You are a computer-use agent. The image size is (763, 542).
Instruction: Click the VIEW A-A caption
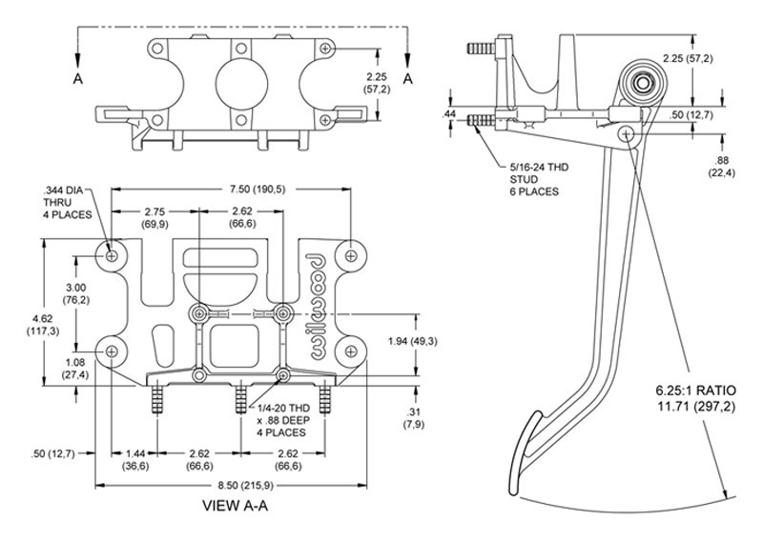235,506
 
